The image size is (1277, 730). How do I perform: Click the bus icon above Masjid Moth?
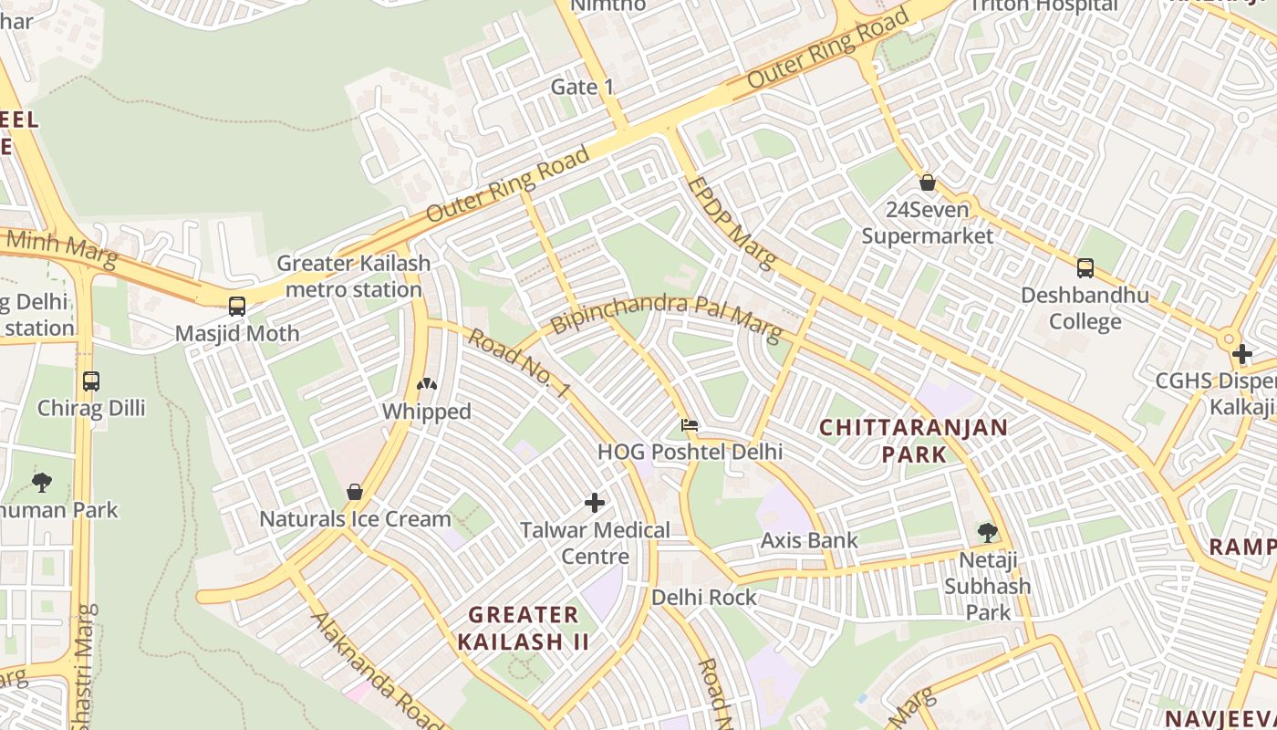tap(237, 306)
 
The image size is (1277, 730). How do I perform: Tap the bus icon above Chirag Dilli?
tap(90, 381)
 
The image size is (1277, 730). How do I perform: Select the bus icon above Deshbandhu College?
tap(1085, 267)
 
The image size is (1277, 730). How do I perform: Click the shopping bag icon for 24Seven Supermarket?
tap(928, 182)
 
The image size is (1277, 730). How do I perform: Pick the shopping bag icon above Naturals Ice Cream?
tap(355, 492)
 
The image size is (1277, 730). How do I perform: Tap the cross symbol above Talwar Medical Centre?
tap(595, 503)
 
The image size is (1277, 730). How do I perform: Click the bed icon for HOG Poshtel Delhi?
tap(690, 425)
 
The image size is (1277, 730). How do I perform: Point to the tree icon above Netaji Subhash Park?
tap(987, 532)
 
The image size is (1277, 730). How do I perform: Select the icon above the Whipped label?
tap(426, 385)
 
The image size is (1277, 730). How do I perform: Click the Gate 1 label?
tap(583, 88)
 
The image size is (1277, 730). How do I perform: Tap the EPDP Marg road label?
tap(731, 224)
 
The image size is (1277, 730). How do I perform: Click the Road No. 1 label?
tap(519, 364)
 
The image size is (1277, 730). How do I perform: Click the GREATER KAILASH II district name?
tap(524, 628)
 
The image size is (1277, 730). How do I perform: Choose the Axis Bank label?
tap(809, 540)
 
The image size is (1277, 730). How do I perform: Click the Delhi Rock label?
tap(703, 597)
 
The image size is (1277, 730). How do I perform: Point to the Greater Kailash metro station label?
tap(353, 276)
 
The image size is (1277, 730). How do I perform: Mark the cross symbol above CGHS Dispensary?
tap(1241, 354)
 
